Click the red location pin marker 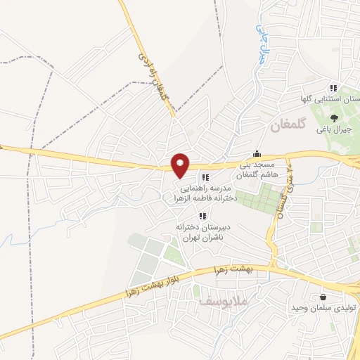click(181, 165)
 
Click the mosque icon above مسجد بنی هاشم click(257, 154)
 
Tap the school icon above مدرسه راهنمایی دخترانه click(205, 177)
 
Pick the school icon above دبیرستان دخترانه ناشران click(202, 216)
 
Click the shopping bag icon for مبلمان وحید click(323, 297)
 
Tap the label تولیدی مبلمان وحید click(326, 309)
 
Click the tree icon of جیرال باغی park click(334, 117)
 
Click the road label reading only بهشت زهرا click(255, 270)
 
